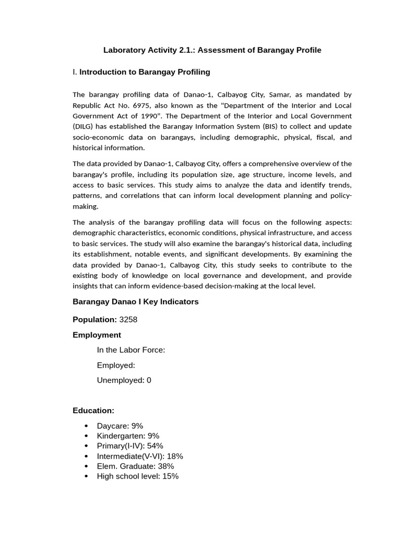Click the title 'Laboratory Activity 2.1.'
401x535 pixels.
coord(149,50)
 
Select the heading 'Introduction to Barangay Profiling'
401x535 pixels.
coord(145,72)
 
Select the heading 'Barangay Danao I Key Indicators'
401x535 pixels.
coord(135,302)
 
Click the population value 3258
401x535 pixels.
coord(128,319)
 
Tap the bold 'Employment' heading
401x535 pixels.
coord(97,335)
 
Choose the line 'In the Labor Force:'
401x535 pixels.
coord(131,350)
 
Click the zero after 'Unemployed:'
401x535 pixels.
coord(149,380)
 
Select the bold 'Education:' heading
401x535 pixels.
coord(93,411)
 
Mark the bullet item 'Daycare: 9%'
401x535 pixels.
coord(120,426)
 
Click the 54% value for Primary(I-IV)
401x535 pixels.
coord(155,446)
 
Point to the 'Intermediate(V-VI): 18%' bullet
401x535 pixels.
coord(140,456)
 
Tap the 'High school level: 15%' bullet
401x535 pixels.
coord(137,476)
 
